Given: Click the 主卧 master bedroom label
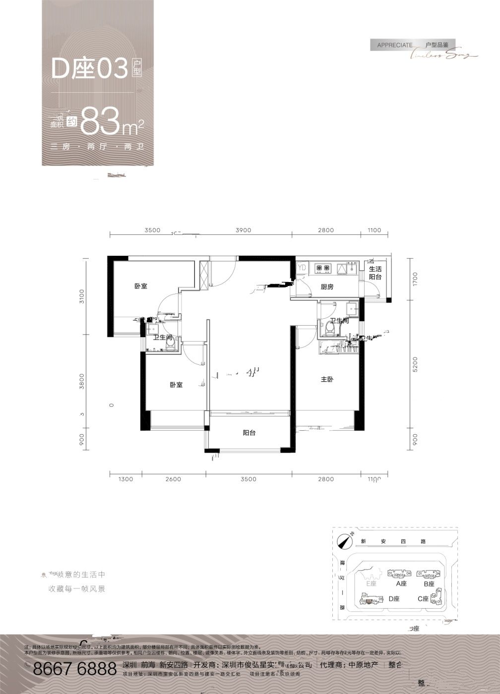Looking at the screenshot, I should pos(326,379).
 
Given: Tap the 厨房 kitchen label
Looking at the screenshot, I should pos(327,287).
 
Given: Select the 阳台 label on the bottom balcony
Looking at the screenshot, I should pos(249,433).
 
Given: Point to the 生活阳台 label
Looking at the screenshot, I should pos(375,273).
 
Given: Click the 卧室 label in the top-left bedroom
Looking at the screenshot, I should pos(141,286).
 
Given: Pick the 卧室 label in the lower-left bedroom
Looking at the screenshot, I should pos(176,385).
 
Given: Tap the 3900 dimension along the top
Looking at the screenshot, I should pos(244,230).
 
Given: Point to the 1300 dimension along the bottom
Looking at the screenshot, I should pos(126,479).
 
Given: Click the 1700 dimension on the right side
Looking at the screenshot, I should pos(415,279).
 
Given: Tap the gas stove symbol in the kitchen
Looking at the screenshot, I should pos(323,268).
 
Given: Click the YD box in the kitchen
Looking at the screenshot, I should pos(302,268).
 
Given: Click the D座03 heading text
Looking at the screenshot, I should pos(90,69).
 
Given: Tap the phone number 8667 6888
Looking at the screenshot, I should pos(74,670).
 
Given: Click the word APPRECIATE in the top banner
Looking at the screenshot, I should pos(395,45).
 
